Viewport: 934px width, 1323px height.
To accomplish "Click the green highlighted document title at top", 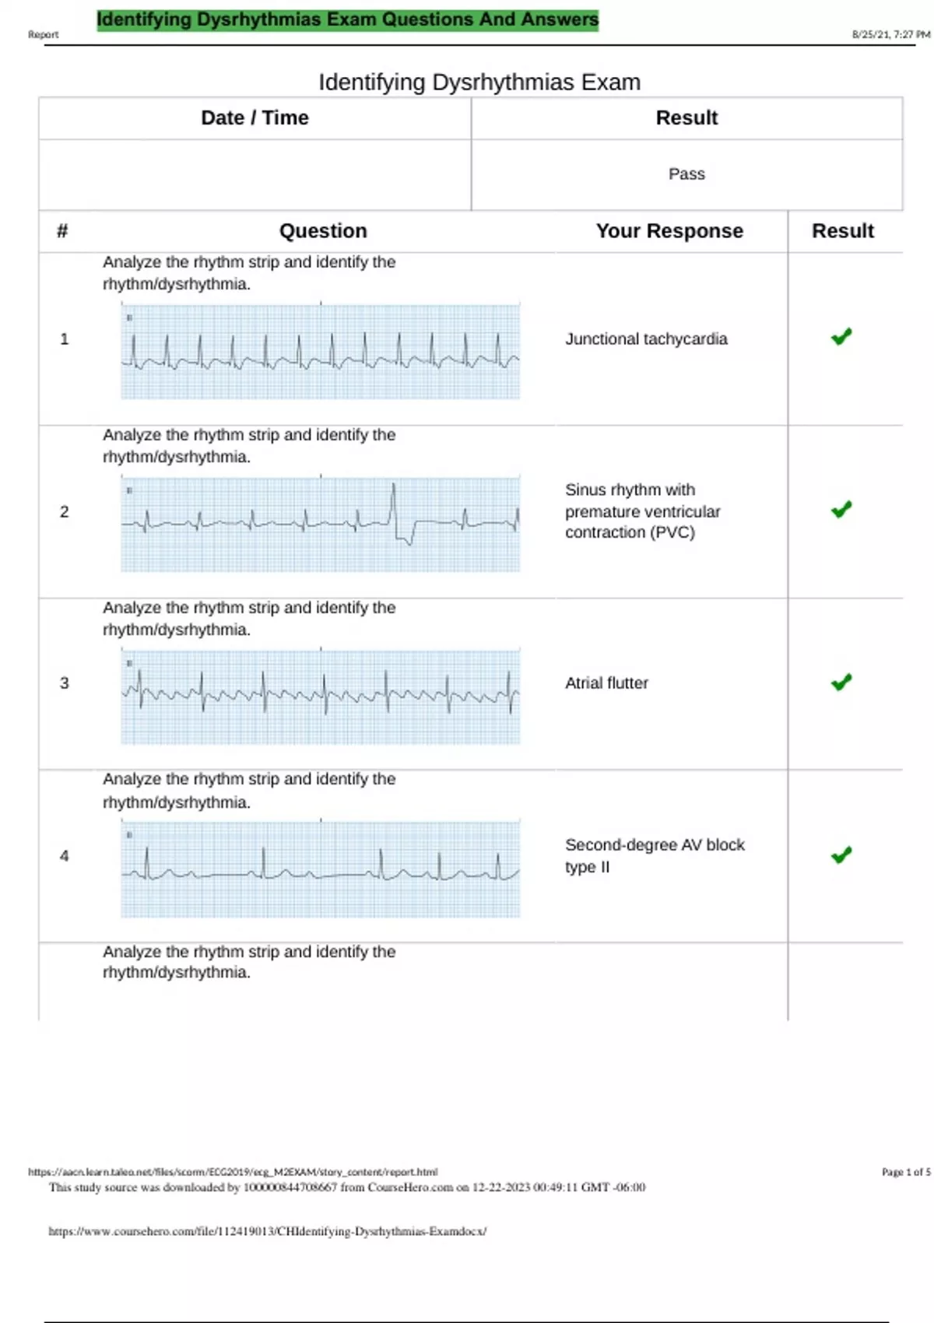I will [347, 19].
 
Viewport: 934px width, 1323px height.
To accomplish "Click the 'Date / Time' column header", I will [255, 118].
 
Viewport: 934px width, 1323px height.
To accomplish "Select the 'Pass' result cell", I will [686, 174].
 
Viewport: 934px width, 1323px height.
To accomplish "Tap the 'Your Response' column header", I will [669, 231].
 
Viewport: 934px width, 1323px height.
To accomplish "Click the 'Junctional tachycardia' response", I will [646, 339].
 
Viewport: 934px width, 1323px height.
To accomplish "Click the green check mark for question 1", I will [841, 337].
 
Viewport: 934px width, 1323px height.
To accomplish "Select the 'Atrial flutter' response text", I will [606, 683].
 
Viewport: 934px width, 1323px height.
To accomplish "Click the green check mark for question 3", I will [841, 683].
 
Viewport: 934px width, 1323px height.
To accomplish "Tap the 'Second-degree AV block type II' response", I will [654, 855].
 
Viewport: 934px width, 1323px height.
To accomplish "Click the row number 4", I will [65, 856].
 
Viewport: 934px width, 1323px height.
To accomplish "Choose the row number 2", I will [65, 512].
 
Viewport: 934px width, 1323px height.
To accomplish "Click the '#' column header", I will [62, 231].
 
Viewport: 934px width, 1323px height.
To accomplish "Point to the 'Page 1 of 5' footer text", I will [905, 1172].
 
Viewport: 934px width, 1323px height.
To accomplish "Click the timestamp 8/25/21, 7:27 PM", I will [890, 34].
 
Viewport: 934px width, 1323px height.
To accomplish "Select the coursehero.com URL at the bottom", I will [267, 1231].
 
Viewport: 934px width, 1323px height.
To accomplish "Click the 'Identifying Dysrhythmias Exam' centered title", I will [479, 82].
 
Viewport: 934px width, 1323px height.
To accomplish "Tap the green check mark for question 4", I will [841, 855].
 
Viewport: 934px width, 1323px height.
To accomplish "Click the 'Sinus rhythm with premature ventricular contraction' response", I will [642, 511].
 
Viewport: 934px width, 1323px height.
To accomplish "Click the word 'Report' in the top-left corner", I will [43, 34].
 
